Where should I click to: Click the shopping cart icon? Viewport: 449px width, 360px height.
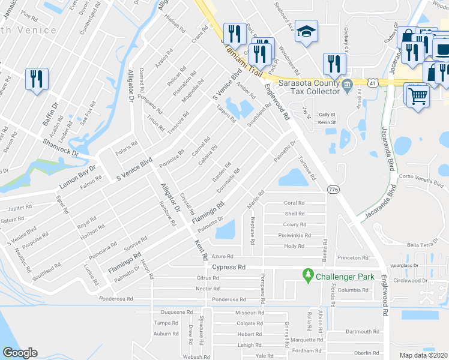point(418,95)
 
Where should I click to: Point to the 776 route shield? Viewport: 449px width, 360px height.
point(333,189)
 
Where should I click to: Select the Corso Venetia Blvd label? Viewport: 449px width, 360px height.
point(415,178)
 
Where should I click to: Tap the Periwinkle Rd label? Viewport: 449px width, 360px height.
point(294,235)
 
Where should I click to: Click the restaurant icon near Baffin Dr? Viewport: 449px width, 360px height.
point(35,79)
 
